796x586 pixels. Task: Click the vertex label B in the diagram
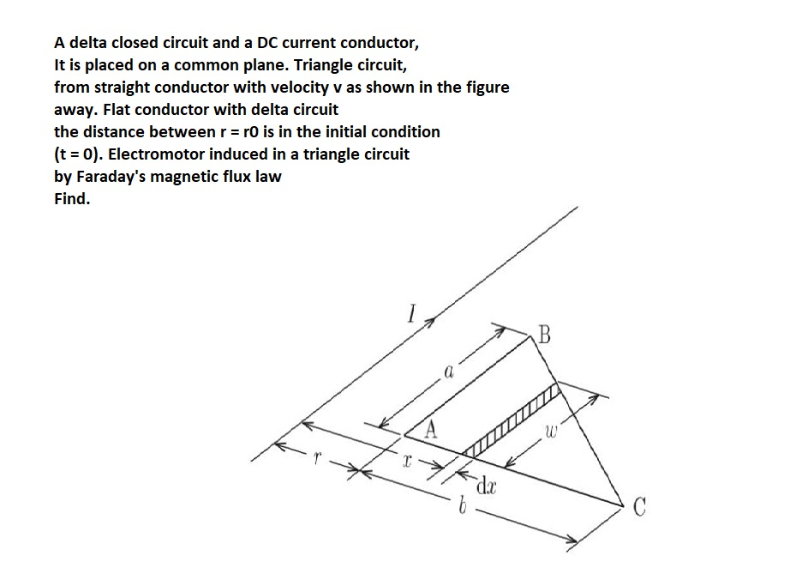[546, 334]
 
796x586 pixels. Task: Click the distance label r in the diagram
[316, 461]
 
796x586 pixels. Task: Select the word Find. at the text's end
[72, 199]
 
